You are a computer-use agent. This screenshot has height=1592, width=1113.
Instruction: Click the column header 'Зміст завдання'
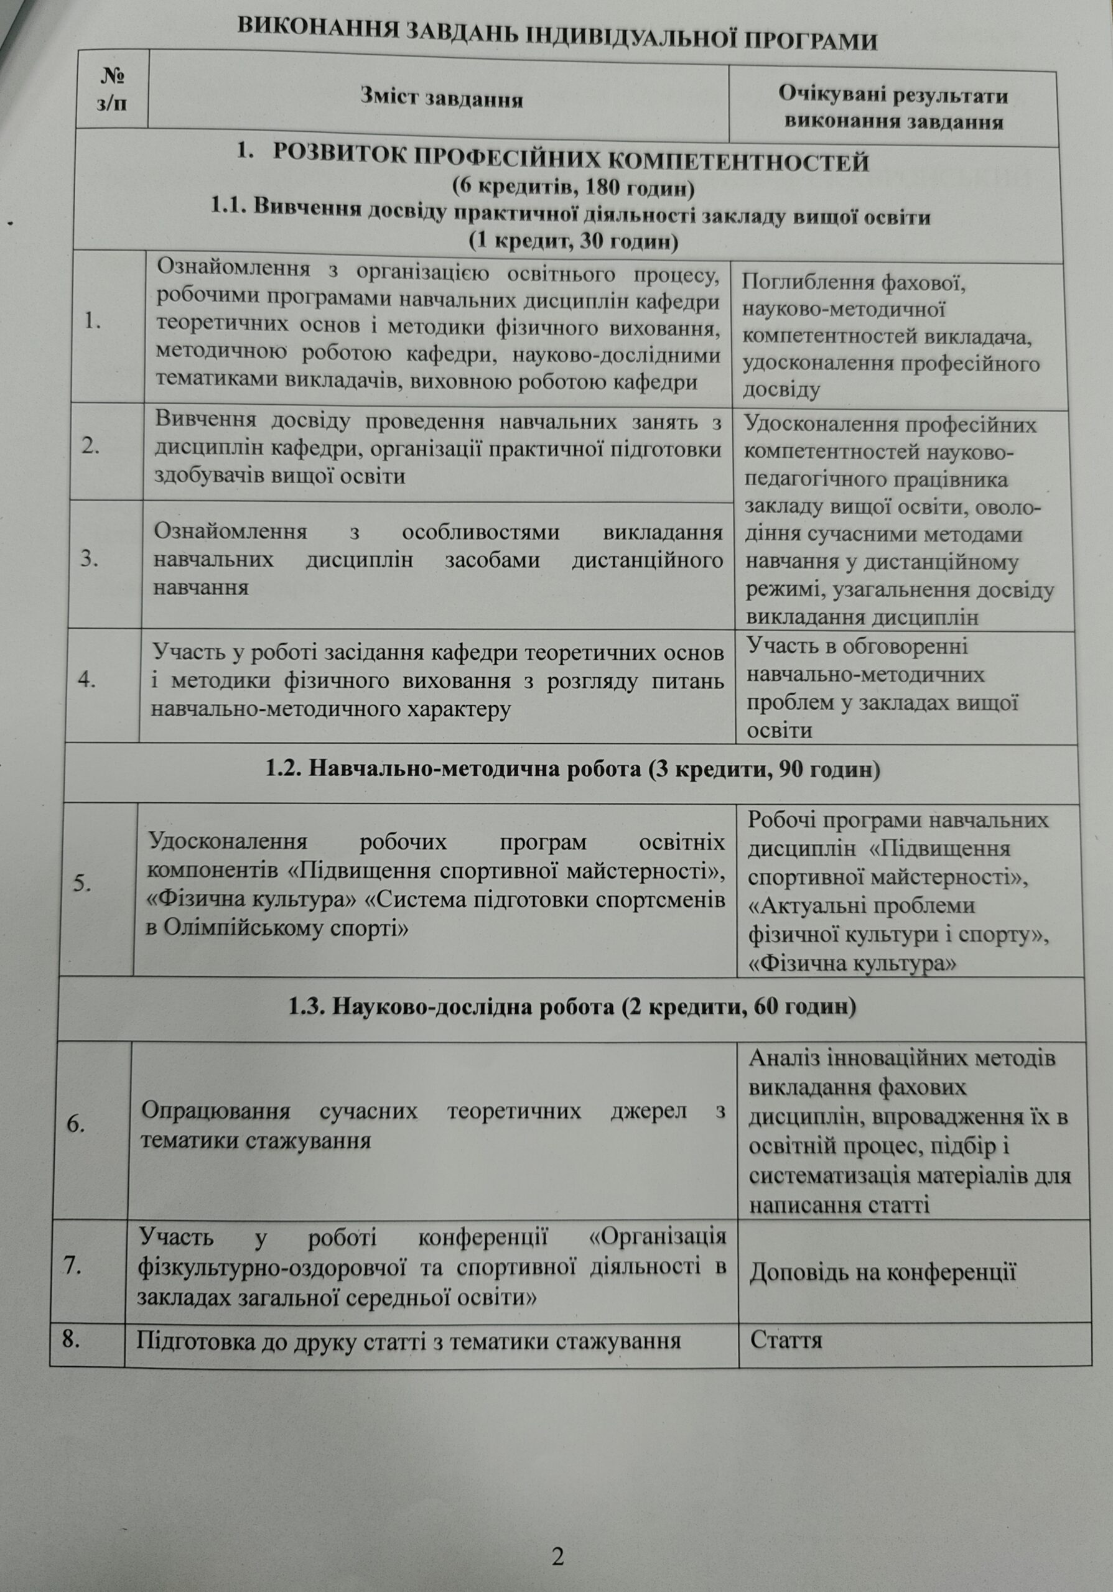[441, 98]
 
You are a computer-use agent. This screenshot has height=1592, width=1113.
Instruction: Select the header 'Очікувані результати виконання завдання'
[893, 108]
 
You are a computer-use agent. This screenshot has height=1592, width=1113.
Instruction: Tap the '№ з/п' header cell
[113, 89]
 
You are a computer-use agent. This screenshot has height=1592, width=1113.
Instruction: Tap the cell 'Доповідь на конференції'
[883, 1272]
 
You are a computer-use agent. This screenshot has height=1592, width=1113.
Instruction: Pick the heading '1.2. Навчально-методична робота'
[573, 769]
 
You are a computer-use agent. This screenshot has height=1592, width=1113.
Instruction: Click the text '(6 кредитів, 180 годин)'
[573, 187]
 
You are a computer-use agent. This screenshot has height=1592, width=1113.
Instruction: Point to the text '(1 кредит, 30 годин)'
[573, 241]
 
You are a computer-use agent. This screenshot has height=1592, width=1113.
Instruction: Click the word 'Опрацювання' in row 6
[215, 1110]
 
